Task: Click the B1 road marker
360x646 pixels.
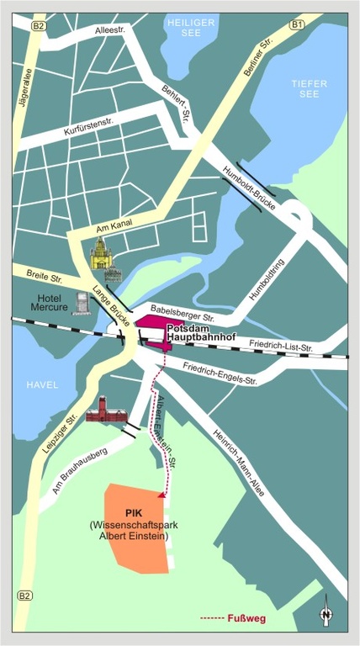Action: point(296,25)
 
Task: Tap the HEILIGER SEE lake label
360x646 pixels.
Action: point(192,28)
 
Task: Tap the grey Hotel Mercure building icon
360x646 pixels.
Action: point(82,303)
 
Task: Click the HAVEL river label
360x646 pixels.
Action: point(42,384)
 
